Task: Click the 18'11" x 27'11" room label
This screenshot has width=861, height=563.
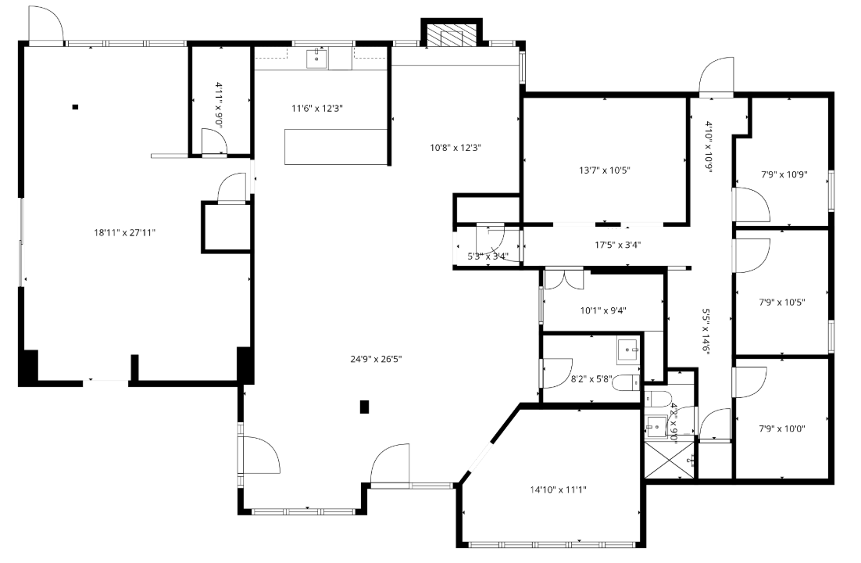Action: pos(124,232)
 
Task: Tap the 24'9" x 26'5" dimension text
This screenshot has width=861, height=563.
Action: pos(381,359)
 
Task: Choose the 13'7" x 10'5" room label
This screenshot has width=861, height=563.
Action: pos(605,169)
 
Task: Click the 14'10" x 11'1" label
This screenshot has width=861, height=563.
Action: pos(558,489)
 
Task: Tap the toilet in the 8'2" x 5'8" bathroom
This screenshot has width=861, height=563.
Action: pos(625,383)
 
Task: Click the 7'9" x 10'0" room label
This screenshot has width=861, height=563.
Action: pos(782,429)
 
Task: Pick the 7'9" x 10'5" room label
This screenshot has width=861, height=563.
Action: pos(782,301)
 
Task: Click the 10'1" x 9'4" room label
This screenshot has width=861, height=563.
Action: pos(603,310)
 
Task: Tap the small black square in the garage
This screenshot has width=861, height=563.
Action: pos(76,106)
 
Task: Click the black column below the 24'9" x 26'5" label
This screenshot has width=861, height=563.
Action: pos(364,406)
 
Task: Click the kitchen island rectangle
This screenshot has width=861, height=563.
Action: pos(336,147)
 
